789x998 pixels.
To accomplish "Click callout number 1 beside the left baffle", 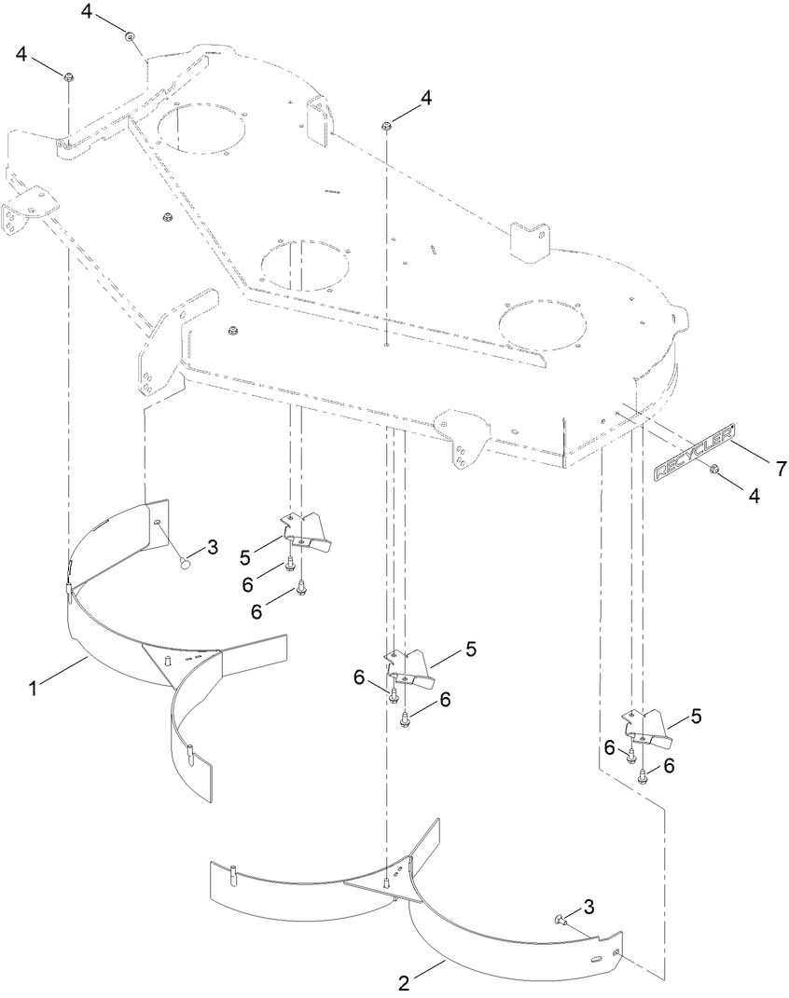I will click(34, 689).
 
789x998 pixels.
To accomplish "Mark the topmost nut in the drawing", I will click(131, 36).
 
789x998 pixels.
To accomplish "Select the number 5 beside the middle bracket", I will click(471, 649).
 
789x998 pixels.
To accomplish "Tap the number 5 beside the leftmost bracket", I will click(244, 556).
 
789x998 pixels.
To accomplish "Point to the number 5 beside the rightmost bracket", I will click(697, 717).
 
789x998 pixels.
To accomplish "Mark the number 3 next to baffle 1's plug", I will click(212, 548).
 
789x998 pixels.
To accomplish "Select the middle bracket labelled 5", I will click(413, 668).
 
